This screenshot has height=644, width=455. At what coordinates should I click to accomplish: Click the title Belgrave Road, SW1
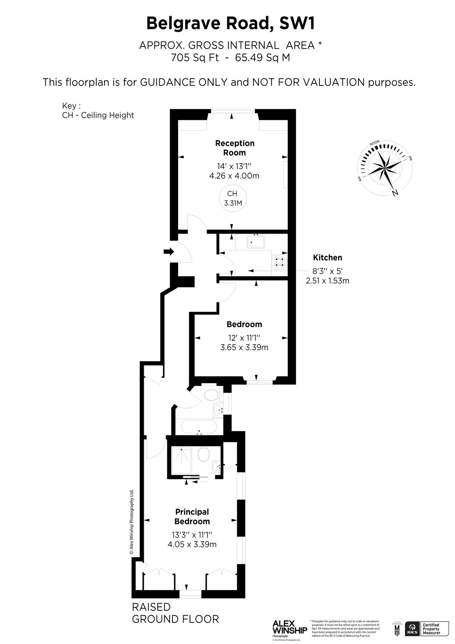click(x=231, y=24)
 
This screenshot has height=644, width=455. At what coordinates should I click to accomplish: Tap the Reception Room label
click(x=235, y=148)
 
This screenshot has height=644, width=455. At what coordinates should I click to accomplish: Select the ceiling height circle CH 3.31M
click(x=233, y=198)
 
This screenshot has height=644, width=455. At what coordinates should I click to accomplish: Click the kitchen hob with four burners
click(x=279, y=262)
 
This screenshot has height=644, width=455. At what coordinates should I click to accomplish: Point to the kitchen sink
click(x=255, y=242)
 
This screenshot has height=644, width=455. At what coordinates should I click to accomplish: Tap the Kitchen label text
click(x=327, y=258)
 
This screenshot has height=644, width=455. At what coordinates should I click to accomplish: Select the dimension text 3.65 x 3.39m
click(x=244, y=347)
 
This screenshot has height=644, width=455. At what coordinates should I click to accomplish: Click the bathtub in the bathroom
click(x=199, y=426)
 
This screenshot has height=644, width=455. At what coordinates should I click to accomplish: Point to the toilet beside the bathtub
click(x=211, y=395)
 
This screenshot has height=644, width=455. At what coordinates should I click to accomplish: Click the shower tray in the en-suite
click(x=181, y=460)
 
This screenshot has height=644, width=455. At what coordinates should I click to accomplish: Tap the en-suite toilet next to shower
click(x=204, y=455)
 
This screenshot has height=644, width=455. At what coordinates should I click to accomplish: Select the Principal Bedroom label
click(x=192, y=517)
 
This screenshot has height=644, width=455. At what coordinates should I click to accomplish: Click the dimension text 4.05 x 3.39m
click(x=192, y=545)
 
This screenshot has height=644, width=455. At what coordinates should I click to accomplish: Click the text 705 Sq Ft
click(x=195, y=57)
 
